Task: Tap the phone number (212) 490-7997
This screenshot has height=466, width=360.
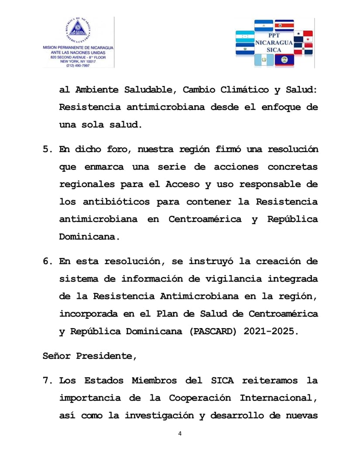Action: click(78, 65)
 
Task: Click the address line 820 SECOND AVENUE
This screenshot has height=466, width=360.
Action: click(78, 57)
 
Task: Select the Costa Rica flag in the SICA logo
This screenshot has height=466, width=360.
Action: click(284, 26)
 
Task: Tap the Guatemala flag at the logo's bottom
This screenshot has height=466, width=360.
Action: click(264, 59)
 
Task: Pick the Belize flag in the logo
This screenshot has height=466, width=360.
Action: click(284, 59)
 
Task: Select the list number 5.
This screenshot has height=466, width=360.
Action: click(47, 149)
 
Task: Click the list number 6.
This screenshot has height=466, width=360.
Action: click(47, 261)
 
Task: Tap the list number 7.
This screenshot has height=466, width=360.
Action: click(47, 380)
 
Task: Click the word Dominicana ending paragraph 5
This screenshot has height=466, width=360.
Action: click(89, 236)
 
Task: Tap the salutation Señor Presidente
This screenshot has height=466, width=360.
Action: click(90, 356)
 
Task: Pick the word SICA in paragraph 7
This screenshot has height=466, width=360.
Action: click(218, 380)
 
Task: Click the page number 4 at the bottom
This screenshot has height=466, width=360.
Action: click(180, 434)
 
